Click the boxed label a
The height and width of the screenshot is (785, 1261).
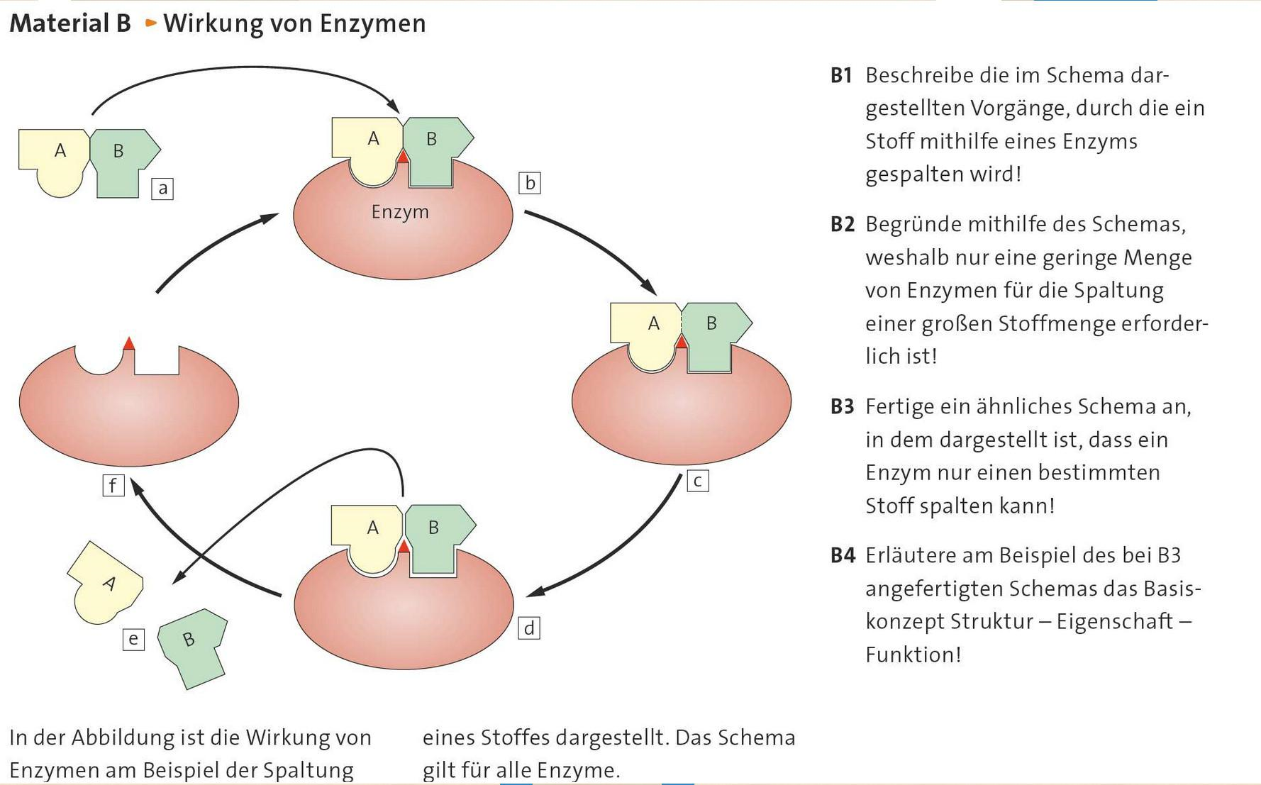[162, 189]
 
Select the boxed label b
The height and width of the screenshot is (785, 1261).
[529, 183]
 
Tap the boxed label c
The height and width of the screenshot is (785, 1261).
[698, 481]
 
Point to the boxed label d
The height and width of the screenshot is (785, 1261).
[529, 628]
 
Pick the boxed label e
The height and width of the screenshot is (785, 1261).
[133, 640]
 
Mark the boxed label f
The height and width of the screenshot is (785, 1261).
[113, 486]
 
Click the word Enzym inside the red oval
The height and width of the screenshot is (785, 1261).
[400, 212]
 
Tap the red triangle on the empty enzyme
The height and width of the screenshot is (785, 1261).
[128, 343]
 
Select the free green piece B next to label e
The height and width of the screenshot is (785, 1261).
[192, 645]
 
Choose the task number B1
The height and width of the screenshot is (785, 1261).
[841, 75]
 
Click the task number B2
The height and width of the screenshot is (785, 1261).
[842, 225]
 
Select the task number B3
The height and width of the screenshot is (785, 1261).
[842, 407]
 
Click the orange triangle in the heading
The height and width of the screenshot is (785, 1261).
[150, 23]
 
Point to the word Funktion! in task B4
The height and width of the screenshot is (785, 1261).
[913, 655]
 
